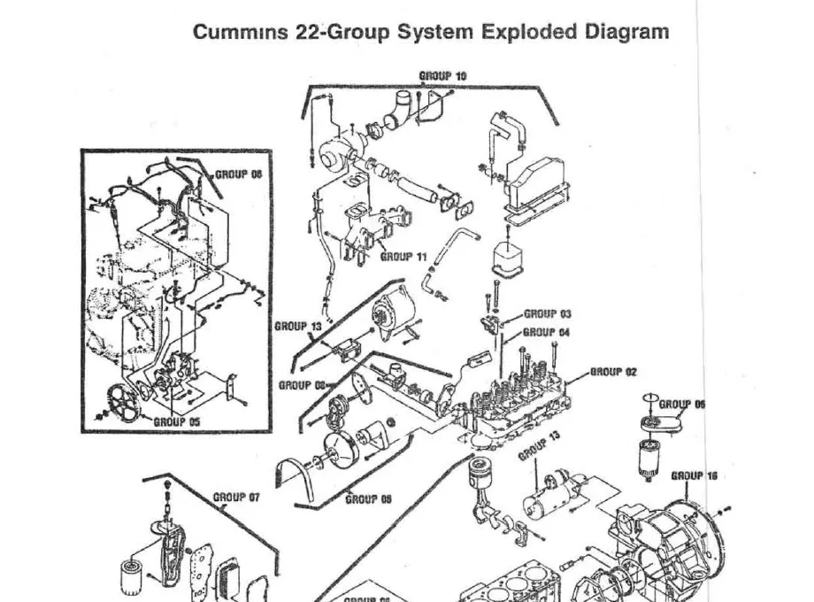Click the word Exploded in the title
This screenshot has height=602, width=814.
(x=529, y=33)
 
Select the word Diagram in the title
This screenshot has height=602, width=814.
(x=626, y=33)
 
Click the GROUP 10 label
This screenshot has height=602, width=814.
(x=442, y=76)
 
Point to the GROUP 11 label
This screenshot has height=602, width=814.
(x=403, y=257)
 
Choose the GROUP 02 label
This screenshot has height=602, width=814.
(x=613, y=373)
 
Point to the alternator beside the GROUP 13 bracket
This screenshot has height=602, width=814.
(x=387, y=313)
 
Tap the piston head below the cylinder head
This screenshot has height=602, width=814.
(x=479, y=467)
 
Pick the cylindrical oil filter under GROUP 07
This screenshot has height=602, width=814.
(x=131, y=575)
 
